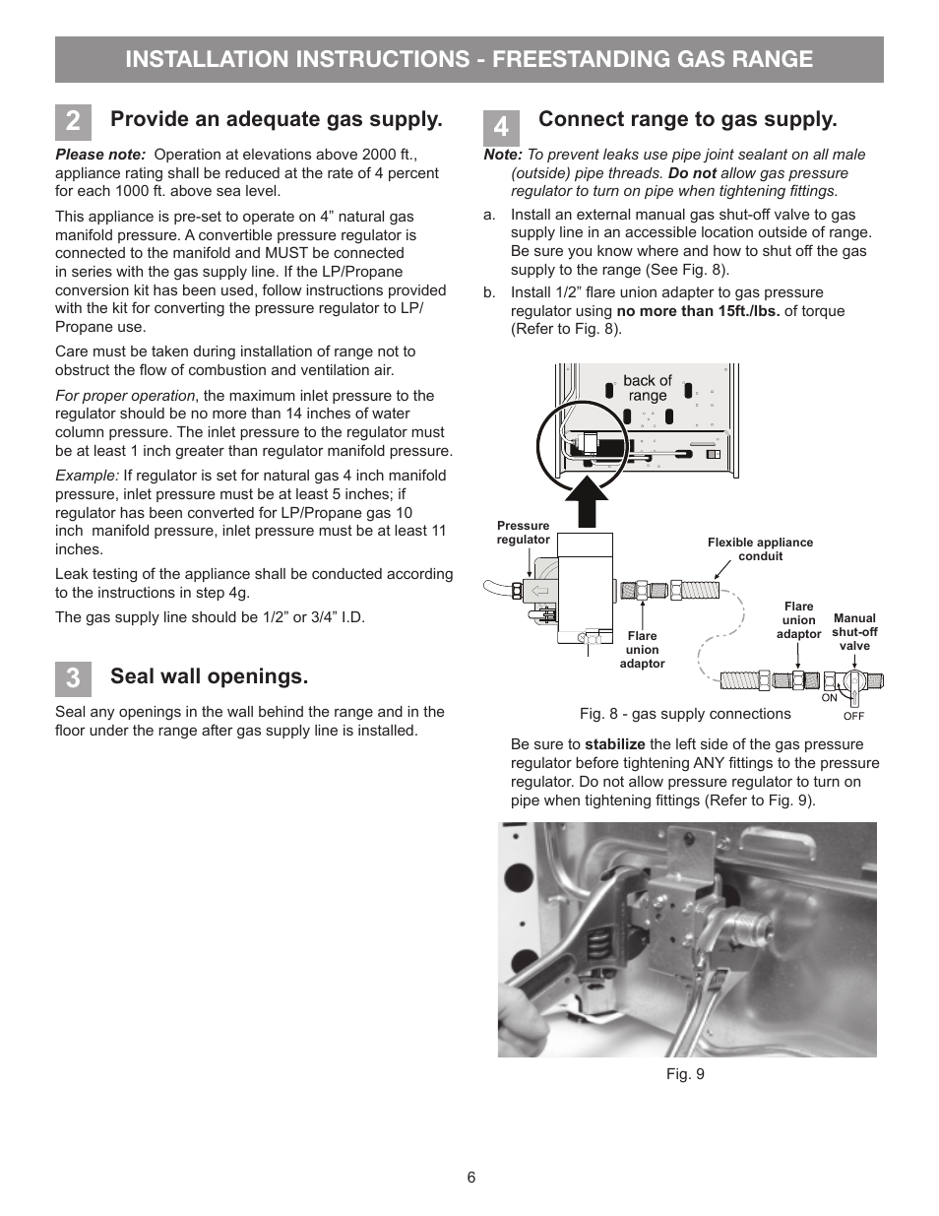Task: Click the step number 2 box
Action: (73, 122)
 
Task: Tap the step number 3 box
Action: (73, 679)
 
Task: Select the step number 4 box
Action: (501, 127)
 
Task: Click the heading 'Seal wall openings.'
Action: (209, 676)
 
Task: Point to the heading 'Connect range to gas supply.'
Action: (687, 119)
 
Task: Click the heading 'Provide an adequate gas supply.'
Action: (276, 119)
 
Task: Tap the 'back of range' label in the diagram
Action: (647, 388)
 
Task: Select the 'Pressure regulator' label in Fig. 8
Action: (523, 533)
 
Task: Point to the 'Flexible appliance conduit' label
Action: (760, 549)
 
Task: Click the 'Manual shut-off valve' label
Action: (854, 632)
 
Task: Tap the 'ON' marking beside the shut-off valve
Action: (829, 698)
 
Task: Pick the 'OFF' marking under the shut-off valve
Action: (853, 716)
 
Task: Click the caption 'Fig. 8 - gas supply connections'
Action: (685, 714)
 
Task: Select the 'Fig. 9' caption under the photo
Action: (685, 1074)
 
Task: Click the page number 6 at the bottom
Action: (471, 1178)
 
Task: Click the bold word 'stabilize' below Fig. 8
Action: (614, 744)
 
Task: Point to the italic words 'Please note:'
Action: (100, 155)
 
